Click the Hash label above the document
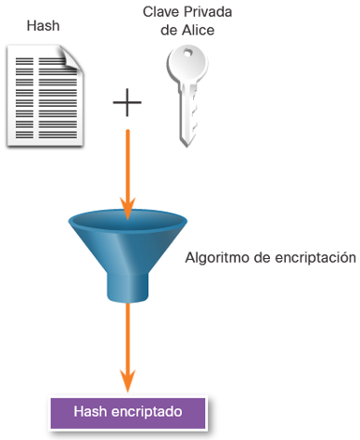point(43,25)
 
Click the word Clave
point(161,12)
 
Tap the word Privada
point(208,12)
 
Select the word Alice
point(198,31)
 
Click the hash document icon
point(45,96)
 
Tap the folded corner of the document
point(72,58)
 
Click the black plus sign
point(127,102)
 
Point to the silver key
point(187,96)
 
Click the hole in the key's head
point(187,54)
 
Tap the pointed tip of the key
point(186,147)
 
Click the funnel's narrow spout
point(127,288)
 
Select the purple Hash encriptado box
point(128,413)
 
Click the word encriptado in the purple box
point(147,412)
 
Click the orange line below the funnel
point(127,346)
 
